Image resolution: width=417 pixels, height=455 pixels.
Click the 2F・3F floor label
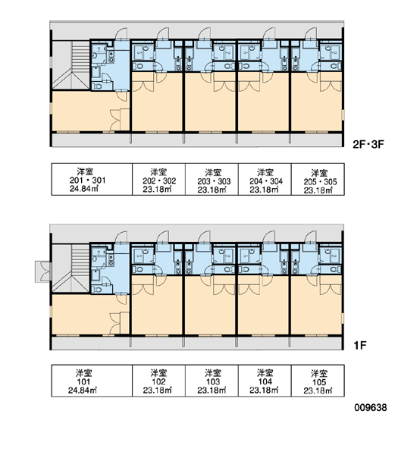pos(368,144)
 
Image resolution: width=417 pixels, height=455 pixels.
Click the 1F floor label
pos(360,345)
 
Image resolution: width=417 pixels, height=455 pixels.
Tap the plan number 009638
pos(371,407)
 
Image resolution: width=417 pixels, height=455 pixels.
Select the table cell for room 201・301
pos(92,179)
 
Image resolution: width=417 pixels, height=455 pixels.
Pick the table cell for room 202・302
pos(158,179)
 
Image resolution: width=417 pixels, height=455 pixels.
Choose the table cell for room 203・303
pos(212,179)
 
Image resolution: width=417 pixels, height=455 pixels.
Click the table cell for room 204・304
pos(265,179)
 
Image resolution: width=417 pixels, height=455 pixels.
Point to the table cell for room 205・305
pos(318,179)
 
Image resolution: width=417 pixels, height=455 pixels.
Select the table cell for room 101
pos(92,381)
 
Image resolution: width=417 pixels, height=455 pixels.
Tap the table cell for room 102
pos(158,381)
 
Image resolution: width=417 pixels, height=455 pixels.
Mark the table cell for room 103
pos(212,381)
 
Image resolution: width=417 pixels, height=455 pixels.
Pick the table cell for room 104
pos(265,381)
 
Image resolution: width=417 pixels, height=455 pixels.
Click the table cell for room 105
pos(318,381)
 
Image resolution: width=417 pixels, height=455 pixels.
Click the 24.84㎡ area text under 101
pos(83,391)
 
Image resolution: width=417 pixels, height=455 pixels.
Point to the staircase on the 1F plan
pos(71,268)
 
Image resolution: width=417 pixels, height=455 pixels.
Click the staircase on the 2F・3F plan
pos(71,65)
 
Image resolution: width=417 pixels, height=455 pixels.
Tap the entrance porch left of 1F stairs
pos(43,271)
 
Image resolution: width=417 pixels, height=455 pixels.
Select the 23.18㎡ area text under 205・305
pos(318,190)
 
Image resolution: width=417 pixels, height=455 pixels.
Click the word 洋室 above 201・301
pos(85,171)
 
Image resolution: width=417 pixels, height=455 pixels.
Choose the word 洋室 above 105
pos(319,373)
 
